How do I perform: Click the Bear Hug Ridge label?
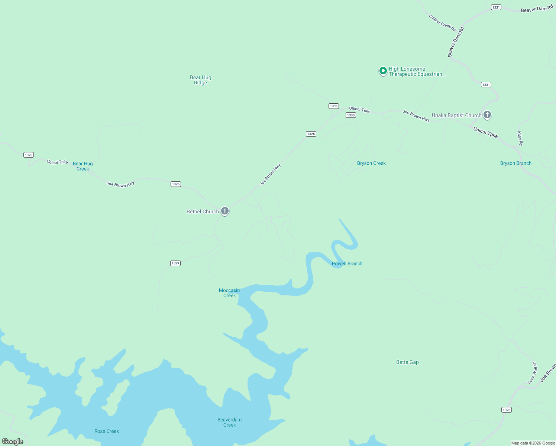(x=200, y=80)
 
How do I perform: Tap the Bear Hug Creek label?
(x=83, y=166)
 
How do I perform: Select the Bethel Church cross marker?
(x=225, y=211)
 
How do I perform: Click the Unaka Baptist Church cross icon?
(x=487, y=115)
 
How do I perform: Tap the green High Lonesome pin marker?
(x=383, y=71)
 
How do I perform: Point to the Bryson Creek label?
(x=371, y=163)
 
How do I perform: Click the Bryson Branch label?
(x=515, y=163)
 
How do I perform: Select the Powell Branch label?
(x=347, y=264)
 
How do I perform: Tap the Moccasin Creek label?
(x=229, y=293)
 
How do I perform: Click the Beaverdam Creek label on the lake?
(x=229, y=422)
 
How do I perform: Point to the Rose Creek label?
(x=107, y=431)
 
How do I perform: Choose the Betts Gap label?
(x=407, y=362)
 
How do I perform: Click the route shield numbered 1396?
(x=334, y=106)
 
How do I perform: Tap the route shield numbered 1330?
(x=351, y=115)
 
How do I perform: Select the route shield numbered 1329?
(x=175, y=263)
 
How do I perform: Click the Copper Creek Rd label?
(x=442, y=23)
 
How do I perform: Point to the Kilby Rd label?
(x=520, y=138)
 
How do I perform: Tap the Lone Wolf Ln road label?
(x=533, y=372)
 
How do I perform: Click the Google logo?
(x=13, y=441)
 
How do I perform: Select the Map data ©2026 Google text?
(x=533, y=443)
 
